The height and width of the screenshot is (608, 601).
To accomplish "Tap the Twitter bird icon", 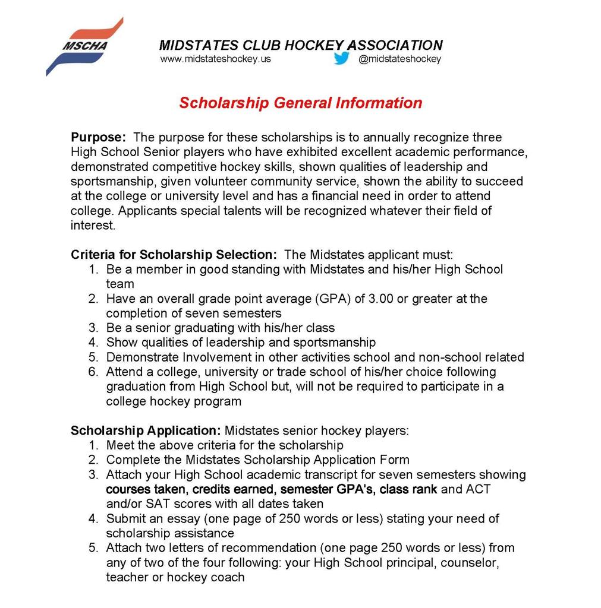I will pos(341,59).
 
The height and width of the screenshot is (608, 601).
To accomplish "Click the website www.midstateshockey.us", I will pos(215,59).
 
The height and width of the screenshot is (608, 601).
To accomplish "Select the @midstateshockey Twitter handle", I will pos(399,59).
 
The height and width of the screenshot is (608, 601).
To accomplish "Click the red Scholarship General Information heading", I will pos(300,103).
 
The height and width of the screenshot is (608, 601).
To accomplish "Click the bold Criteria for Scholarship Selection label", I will pos(174,255).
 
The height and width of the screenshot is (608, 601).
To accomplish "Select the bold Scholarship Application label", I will pos(146,430).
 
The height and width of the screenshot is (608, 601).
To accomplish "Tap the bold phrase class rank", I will pos(408,489).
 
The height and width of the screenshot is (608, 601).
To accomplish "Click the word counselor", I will pos(470,562).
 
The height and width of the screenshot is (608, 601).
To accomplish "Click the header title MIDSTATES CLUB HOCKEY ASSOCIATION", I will pos(300,45).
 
